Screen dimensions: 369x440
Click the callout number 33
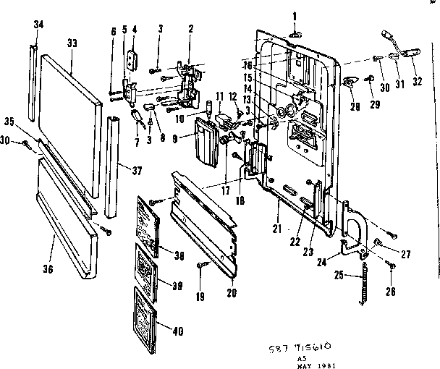(72, 43)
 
